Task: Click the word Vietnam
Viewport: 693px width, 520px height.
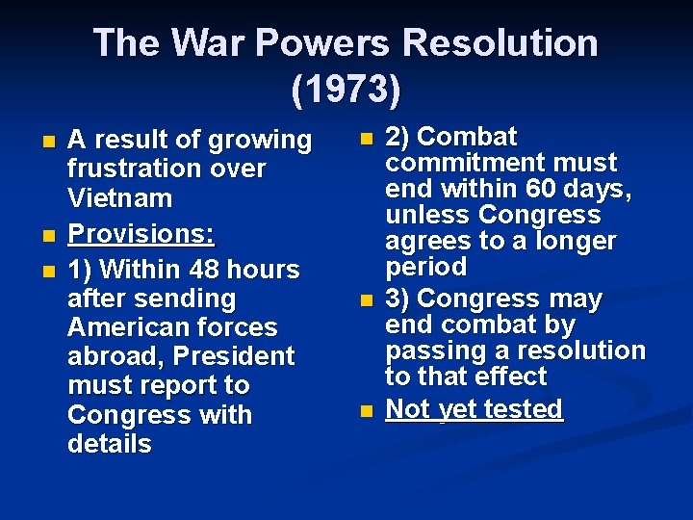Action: click(119, 199)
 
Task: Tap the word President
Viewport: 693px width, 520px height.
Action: click(233, 356)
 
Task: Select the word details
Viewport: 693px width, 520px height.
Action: click(110, 444)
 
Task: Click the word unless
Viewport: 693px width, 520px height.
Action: click(427, 215)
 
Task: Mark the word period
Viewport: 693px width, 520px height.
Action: click(425, 267)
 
